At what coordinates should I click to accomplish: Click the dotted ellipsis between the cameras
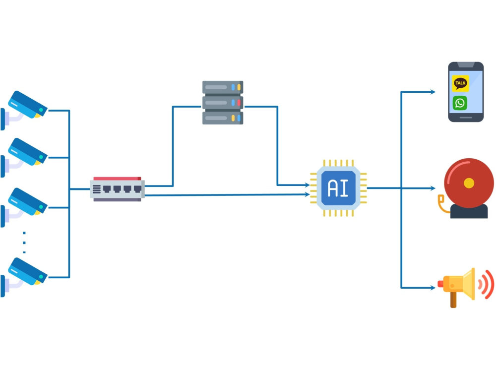tap(24, 243)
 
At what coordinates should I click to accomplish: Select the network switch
tap(118, 189)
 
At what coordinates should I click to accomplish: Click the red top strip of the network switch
tap(117, 179)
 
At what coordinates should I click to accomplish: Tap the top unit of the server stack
tap(223, 87)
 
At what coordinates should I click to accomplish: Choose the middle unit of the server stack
tap(223, 103)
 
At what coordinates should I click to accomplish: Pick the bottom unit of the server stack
tap(223, 118)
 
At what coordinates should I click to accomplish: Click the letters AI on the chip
tap(338, 188)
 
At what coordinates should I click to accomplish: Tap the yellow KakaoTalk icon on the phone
tap(460, 83)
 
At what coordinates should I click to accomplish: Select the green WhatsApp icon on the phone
tap(460, 103)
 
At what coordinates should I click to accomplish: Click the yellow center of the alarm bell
tap(469, 183)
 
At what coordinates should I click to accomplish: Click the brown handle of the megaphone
tap(453, 300)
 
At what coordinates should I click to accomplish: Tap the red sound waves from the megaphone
tap(486, 284)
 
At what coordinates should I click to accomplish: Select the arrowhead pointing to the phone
tap(433, 92)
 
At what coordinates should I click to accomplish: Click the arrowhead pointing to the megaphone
tap(433, 288)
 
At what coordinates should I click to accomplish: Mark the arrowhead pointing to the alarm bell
tap(433, 188)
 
